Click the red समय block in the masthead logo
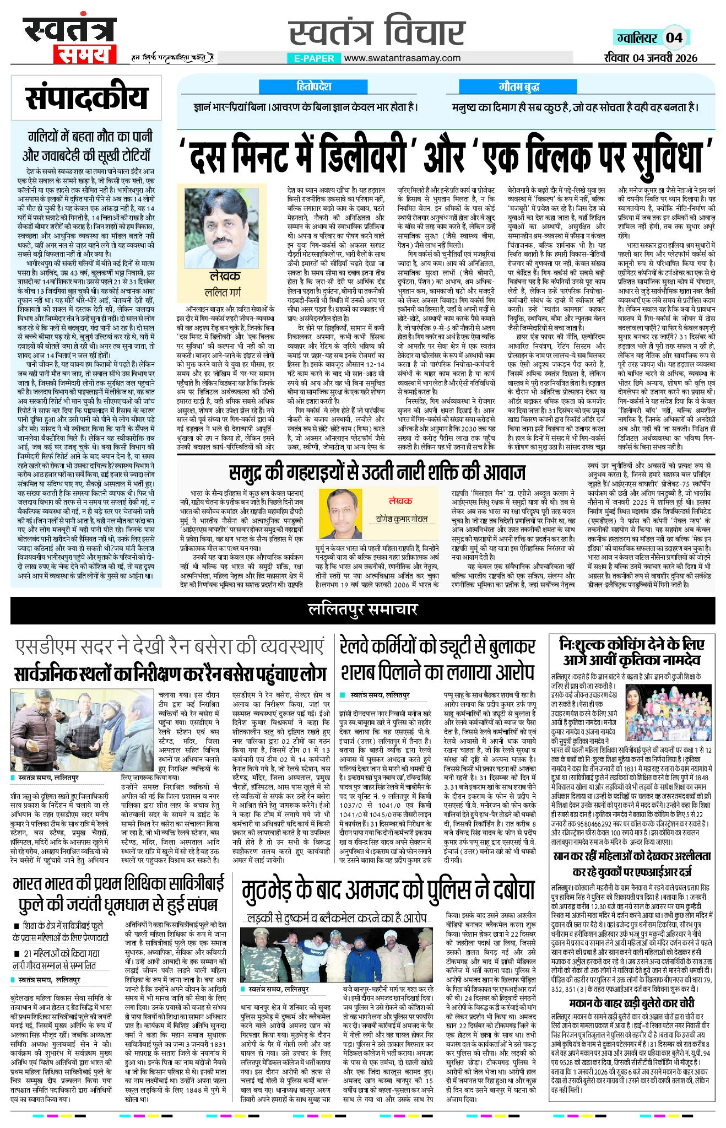point(84,55)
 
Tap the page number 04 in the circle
point(674,37)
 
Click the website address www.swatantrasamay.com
point(402,58)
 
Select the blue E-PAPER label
point(314,58)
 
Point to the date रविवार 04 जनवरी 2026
point(650,58)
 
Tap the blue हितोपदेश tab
point(313,87)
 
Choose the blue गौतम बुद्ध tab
point(518,87)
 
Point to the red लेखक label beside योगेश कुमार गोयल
point(400,501)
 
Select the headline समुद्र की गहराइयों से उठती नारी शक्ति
point(377,473)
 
